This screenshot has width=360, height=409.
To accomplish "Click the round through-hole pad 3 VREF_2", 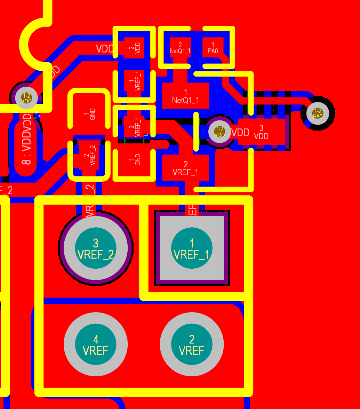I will pyautogui.click(x=96, y=248).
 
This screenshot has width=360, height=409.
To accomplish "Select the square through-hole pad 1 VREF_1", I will pyautogui.click(x=192, y=248).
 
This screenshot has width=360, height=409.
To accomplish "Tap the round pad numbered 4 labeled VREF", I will pyautogui.click(x=96, y=344).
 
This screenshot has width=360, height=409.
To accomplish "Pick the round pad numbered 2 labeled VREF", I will pyautogui.click(x=192, y=344).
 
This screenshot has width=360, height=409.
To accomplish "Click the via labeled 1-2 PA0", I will pyautogui.click(x=318, y=113).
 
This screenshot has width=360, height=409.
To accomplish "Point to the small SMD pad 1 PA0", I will pyautogui.click(x=213, y=47).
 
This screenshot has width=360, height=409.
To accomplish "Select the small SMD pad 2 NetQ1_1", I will pyautogui.click(x=180, y=47).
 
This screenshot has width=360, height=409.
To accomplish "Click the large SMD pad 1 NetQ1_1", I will pyautogui.click(x=185, y=95).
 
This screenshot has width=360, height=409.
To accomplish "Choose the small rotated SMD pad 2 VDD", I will pyautogui.click(x=134, y=47).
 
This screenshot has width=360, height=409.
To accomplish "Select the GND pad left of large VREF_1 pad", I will pyautogui.click(x=134, y=161).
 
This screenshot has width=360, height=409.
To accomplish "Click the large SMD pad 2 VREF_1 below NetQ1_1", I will pyautogui.click(x=185, y=167).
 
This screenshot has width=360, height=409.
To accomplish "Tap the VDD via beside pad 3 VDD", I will pyautogui.click(x=220, y=132).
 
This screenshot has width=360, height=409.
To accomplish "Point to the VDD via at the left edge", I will pyautogui.click(x=26, y=98).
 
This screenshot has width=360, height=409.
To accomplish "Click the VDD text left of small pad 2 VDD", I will pyautogui.click(x=104, y=48).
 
